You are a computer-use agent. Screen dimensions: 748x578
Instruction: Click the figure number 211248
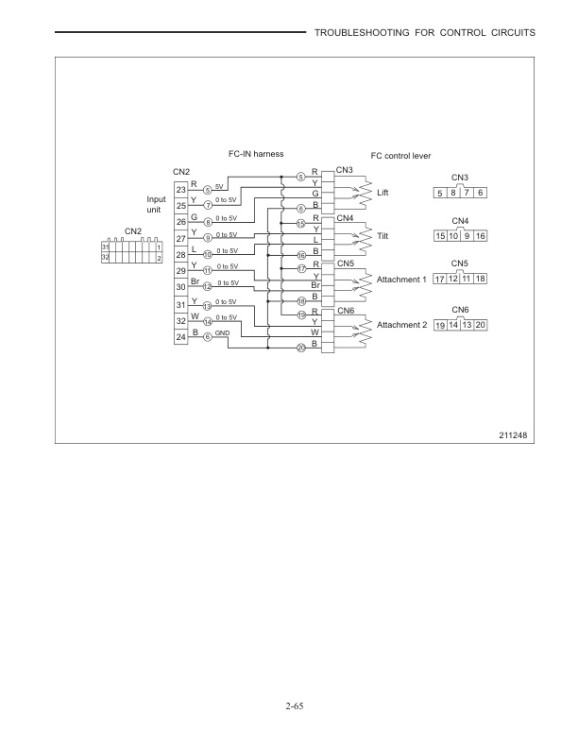516,434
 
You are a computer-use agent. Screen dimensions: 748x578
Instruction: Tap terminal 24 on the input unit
180,338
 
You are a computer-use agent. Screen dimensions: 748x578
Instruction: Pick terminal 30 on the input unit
180,289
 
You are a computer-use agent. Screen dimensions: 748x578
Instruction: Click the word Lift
382,194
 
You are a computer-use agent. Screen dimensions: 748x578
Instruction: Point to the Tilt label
382,236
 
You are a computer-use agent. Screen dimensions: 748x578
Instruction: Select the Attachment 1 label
401,280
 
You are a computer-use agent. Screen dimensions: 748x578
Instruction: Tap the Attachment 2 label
401,325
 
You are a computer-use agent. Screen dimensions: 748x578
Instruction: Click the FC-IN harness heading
256,154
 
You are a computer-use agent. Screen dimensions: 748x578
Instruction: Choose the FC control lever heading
400,155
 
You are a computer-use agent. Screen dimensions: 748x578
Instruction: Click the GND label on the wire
222,333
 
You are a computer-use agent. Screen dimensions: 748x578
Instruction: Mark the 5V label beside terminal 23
219,187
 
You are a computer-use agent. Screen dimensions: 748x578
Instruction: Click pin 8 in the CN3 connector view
454,193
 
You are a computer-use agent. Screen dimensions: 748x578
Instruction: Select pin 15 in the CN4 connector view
440,235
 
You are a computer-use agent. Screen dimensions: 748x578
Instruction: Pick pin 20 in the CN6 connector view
481,325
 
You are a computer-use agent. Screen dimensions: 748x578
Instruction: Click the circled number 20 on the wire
301,348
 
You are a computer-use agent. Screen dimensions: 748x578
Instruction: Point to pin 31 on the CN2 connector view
105,246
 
